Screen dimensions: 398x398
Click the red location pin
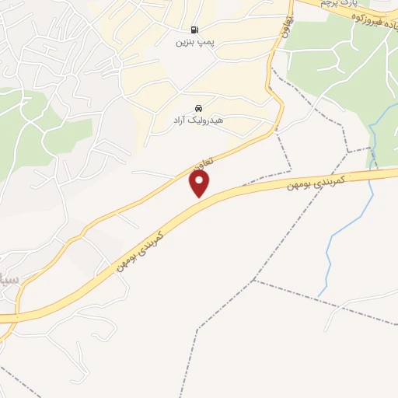(x=201, y=183)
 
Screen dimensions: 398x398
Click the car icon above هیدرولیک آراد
(x=198, y=107)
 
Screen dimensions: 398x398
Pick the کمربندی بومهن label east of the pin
(x=314, y=180)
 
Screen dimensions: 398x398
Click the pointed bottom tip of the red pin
(x=201, y=197)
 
